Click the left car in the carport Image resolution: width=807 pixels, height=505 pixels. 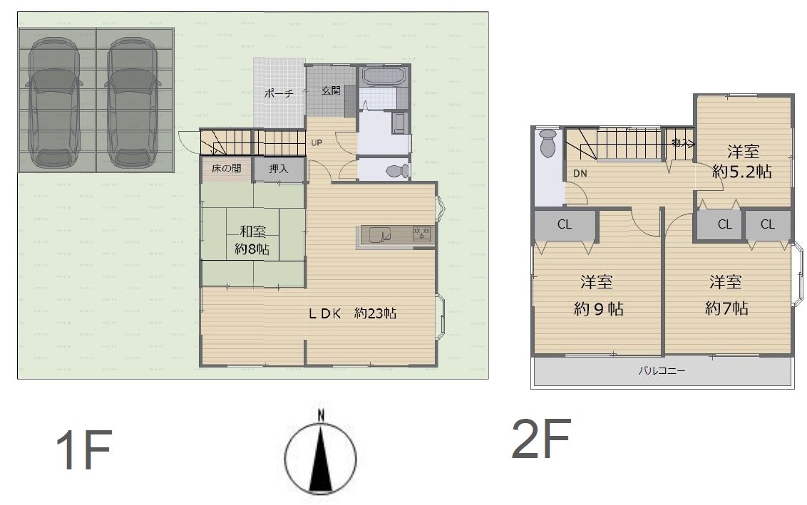tap(53, 102)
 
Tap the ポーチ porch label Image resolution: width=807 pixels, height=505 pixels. tap(279, 93)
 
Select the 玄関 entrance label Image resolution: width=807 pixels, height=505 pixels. tap(331, 90)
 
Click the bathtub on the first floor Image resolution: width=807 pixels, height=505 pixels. tap(383, 76)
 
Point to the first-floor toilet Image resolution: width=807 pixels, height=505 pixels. tap(397, 170)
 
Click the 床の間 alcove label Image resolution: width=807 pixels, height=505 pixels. tap(226, 168)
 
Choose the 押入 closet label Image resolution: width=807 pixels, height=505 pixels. tap(279, 168)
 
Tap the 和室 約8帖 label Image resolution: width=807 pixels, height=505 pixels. tap(252, 240)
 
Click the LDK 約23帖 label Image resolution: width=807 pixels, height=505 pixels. tap(352, 313)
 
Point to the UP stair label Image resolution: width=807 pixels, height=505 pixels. tap(317, 142)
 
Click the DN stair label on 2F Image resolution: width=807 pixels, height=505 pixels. tap(580, 173)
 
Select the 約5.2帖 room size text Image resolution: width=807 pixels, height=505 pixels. tap(741, 171)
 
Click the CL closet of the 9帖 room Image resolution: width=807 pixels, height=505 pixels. tap(565, 224)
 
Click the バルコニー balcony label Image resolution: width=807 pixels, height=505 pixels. tap(662, 370)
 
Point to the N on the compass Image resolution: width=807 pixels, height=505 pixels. tap(321, 414)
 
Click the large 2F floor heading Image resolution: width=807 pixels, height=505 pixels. tap(541, 438)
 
